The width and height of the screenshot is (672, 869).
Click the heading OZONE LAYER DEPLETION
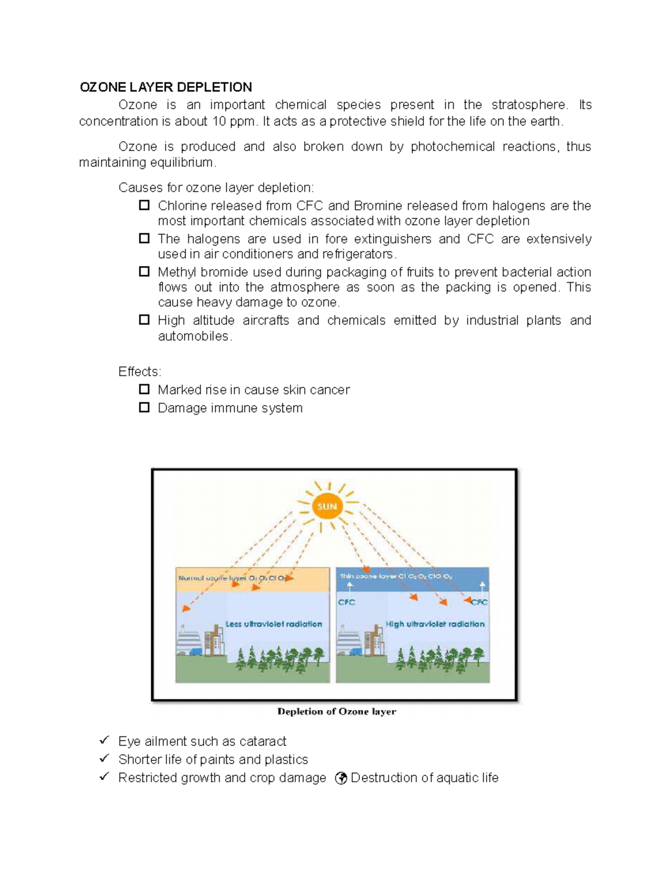[166, 87]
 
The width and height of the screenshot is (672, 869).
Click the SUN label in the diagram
[327, 506]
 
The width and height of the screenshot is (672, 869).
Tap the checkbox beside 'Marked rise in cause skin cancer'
[144, 389]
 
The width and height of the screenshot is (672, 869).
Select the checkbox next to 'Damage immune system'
[144, 408]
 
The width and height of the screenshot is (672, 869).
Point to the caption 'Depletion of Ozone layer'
[337, 712]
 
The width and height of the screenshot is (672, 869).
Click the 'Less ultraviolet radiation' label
[273, 624]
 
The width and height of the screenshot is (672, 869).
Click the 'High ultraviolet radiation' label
[435, 624]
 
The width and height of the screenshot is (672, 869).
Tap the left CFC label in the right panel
[347, 603]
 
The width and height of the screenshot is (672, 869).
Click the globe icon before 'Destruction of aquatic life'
[340, 778]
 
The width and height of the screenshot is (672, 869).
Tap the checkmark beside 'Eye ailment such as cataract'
[104, 740]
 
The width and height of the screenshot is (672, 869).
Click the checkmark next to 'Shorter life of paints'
[104, 759]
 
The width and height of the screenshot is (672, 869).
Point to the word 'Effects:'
[139, 372]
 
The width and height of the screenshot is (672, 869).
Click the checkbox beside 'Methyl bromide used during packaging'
[144, 272]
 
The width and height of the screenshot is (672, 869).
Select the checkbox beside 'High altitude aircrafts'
[144, 320]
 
